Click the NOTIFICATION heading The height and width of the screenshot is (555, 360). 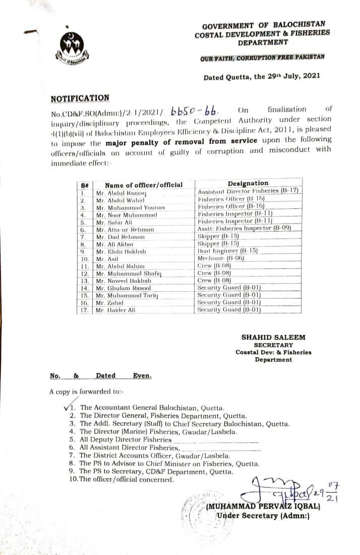click(x=80, y=98)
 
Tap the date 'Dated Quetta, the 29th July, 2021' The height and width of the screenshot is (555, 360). click(x=261, y=78)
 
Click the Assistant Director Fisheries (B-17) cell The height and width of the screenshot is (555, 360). click(x=249, y=191)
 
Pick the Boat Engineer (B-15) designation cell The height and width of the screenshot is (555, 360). click(x=228, y=250)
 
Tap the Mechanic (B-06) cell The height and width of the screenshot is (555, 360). click(x=221, y=258)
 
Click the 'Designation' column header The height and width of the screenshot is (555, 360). click(x=248, y=183)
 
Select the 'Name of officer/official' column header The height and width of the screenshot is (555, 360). click(x=144, y=185)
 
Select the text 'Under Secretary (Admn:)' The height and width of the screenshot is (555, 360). click(x=263, y=516)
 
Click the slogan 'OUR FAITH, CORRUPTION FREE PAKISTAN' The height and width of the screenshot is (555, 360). click(x=262, y=58)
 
